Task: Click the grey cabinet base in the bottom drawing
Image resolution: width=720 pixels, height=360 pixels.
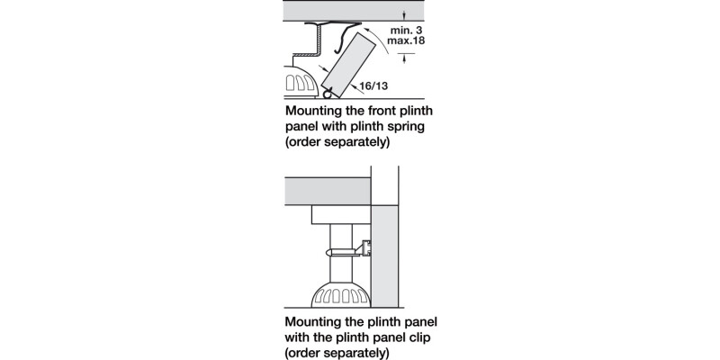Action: tap(328, 190)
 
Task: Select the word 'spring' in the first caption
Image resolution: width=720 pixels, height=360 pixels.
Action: tap(404, 127)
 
